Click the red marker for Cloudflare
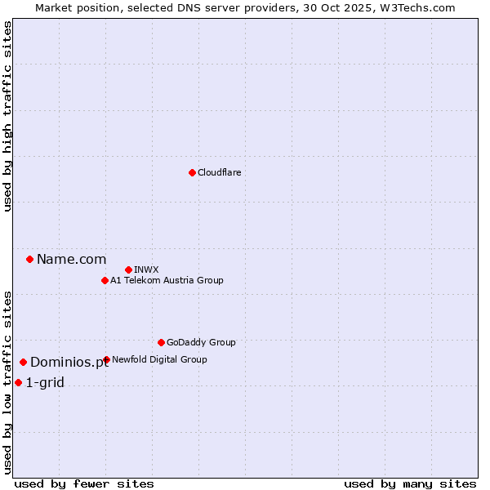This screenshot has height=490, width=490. pyautogui.click(x=192, y=172)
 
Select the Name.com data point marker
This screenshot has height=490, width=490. pyautogui.click(x=30, y=259)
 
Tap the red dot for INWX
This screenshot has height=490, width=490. pyautogui.click(x=128, y=269)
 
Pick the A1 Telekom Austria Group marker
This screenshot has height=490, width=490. pyautogui.click(x=105, y=280)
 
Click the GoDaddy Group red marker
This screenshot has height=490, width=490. pyautogui.click(x=161, y=342)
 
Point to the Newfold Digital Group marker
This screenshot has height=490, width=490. pyautogui.click(x=106, y=359)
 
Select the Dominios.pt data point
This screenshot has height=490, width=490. pyautogui.click(x=24, y=362)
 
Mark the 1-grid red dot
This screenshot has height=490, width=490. pyautogui.click(x=19, y=382)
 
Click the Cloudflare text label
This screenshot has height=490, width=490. pyautogui.click(x=219, y=172)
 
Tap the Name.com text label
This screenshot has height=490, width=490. pyautogui.click(x=71, y=259)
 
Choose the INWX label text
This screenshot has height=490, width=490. pyautogui.click(x=146, y=269)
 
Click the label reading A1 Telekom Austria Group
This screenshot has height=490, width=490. pyautogui.click(x=167, y=280)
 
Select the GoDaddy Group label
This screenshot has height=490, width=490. pyautogui.click(x=201, y=342)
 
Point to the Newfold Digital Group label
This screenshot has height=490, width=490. pyautogui.click(x=159, y=359)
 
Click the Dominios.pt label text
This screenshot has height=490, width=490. pyautogui.click(x=69, y=362)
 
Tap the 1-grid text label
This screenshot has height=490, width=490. pyautogui.click(x=45, y=382)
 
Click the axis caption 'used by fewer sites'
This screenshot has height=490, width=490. pyautogui.click(x=84, y=483)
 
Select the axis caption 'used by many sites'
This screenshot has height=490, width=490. pyautogui.click(x=410, y=483)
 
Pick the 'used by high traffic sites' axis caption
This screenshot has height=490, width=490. pyautogui.click(x=7, y=116)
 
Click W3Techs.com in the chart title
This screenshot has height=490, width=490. pyautogui.click(x=421, y=7)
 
